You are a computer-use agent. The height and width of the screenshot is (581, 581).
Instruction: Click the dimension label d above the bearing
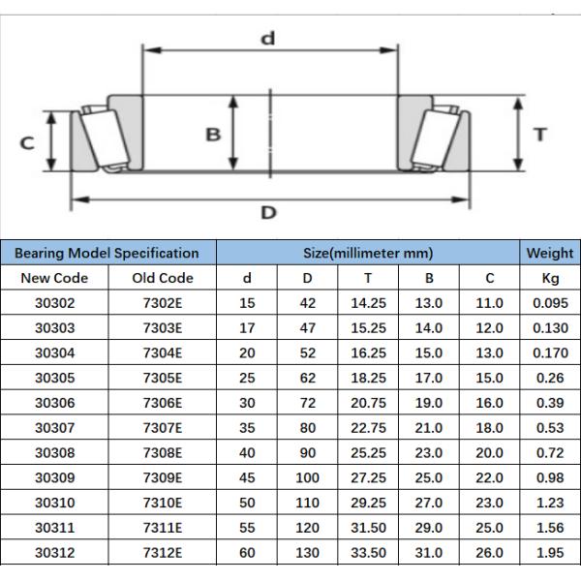click(x=268, y=39)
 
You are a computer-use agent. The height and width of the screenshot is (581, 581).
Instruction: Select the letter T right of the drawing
click(x=540, y=135)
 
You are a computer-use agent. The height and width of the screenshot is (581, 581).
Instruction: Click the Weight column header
click(x=549, y=254)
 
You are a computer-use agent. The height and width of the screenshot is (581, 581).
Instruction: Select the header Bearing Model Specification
click(x=107, y=254)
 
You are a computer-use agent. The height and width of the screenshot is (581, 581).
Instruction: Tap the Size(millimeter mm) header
click(x=368, y=254)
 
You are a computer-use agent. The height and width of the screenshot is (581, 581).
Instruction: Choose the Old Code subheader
click(x=163, y=278)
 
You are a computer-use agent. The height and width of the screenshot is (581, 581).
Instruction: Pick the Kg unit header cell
click(x=549, y=278)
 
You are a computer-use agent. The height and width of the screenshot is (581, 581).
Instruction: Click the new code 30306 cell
click(x=61, y=403)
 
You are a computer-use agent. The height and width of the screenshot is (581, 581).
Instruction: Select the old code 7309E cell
click(x=163, y=477)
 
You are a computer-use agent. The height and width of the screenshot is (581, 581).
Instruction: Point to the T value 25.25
click(x=368, y=452)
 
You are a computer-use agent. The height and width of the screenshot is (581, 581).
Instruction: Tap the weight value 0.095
click(x=549, y=303)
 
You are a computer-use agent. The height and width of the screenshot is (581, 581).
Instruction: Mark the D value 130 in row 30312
click(x=307, y=552)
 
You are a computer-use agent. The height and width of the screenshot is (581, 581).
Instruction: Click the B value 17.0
click(x=429, y=378)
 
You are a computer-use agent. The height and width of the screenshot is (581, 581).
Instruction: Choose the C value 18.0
click(x=490, y=427)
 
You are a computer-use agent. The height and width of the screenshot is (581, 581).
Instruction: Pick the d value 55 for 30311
click(x=247, y=527)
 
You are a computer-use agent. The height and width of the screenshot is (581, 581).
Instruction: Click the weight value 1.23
click(x=549, y=503)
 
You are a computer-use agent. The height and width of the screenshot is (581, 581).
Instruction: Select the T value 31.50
click(x=368, y=527)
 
